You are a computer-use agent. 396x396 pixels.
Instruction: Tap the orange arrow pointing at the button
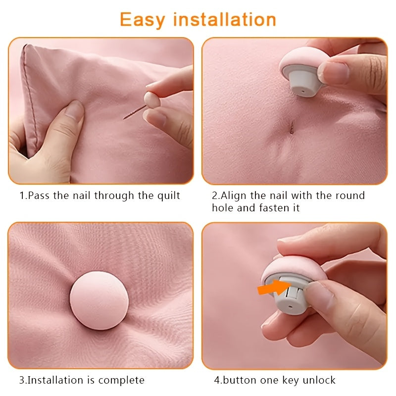point(272,288)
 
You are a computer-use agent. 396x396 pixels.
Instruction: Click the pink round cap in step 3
point(99,300)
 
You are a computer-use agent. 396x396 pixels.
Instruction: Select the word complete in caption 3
point(122,380)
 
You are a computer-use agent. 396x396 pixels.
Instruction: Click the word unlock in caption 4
point(319,380)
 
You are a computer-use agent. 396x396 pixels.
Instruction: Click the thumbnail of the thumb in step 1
point(74,108)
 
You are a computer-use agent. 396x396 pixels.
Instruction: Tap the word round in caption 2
point(349,196)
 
